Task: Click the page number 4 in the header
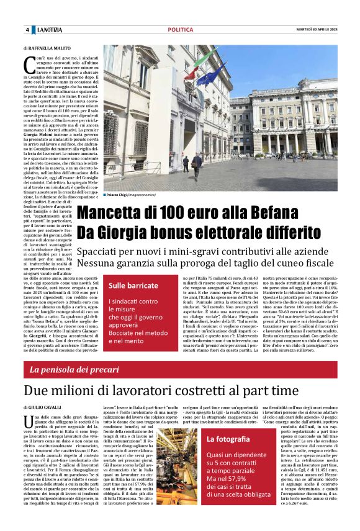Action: (27, 30)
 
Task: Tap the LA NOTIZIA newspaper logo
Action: (48, 30)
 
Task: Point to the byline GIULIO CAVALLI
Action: (47, 407)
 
